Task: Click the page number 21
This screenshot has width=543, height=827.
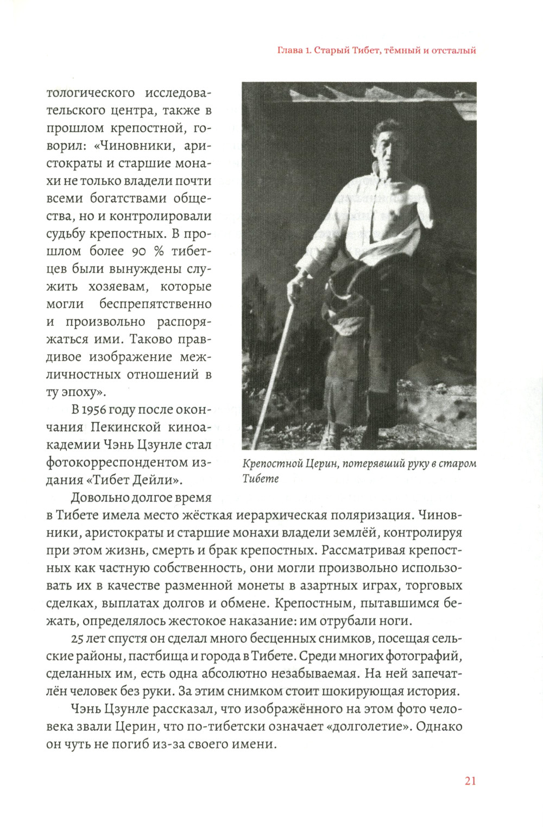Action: [x=470, y=781]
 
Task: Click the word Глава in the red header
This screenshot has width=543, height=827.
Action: [x=289, y=50]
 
